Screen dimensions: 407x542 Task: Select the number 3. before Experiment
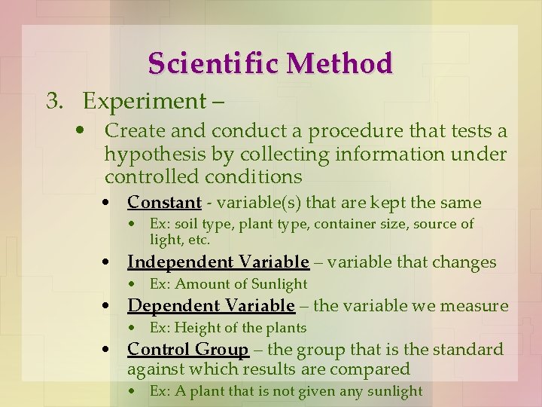[x=54, y=101]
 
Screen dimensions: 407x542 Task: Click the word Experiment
[x=147, y=101]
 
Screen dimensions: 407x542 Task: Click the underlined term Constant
[x=164, y=203]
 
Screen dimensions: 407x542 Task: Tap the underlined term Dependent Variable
[x=211, y=306]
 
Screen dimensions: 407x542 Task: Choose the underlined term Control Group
[x=187, y=350]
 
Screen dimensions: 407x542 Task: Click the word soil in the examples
[x=189, y=224]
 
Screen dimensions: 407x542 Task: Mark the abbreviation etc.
[x=199, y=240]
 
